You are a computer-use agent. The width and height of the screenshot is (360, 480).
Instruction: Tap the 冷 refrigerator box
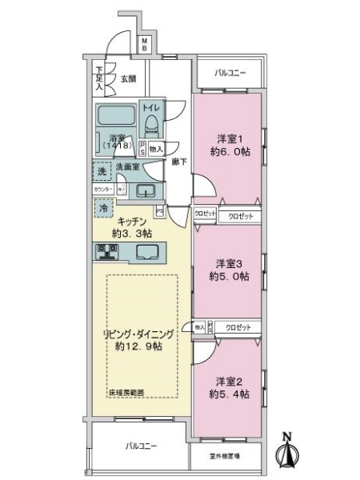pos(102,207)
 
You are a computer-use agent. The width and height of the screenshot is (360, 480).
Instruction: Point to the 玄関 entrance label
pos(128,78)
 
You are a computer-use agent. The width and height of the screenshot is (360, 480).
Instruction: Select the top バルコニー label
pos(230,74)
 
